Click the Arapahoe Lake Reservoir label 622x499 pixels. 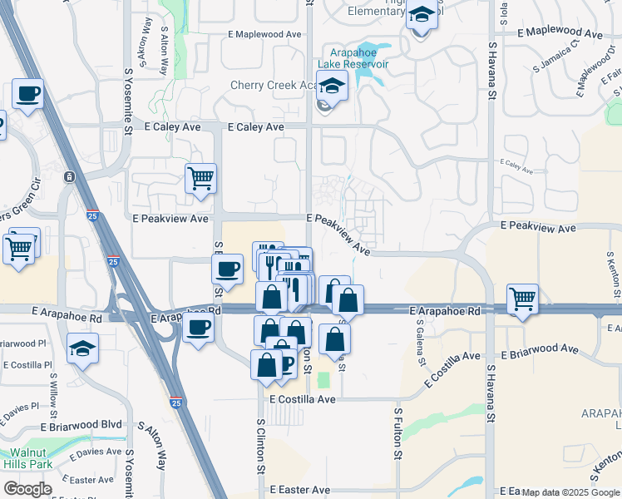[353, 57]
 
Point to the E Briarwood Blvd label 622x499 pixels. [86, 424]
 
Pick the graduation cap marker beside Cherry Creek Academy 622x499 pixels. [332, 86]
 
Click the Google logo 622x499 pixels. [27, 489]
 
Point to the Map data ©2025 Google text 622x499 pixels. [570, 493]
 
